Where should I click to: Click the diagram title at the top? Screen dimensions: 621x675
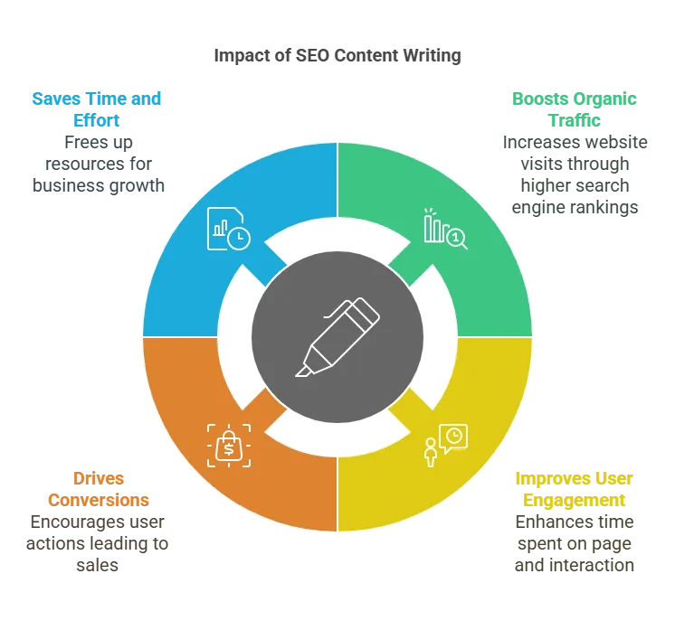click(x=337, y=56)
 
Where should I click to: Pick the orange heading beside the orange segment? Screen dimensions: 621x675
click(x=100, y=487)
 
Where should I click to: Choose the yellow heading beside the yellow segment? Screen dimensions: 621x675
click(x=574, y=487)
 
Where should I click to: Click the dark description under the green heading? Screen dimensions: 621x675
click(x=574, y=174)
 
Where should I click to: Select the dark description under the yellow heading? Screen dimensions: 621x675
click(x=574, y=541)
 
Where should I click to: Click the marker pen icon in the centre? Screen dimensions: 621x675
click(x=337, y=337)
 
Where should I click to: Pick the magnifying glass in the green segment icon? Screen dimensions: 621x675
click(x=458, y=239)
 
